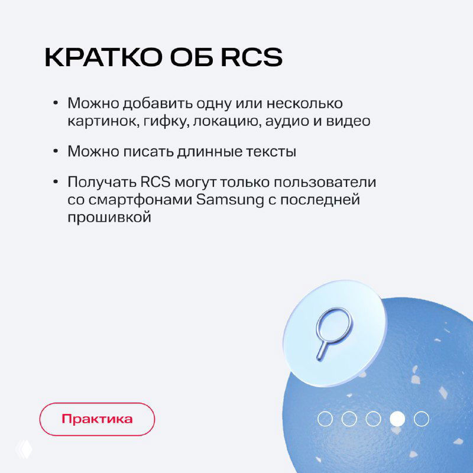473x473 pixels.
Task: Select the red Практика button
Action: pos(97,419)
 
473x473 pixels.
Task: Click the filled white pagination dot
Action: pos(397,419)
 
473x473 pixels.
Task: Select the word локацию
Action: pos(221,121)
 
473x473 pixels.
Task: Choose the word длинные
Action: pos(205,151)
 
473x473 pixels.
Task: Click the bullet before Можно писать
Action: pos(56,151)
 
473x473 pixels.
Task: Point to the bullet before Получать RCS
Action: pos(56,182)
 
